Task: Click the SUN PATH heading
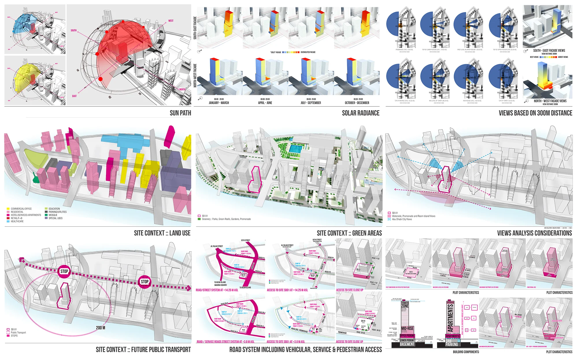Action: pos(180,113)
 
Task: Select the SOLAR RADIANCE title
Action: pos(361,113)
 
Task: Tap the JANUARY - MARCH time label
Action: pos(219,103)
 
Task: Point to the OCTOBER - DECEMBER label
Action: pos(357,103)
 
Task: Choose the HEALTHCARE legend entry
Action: pos(17,221)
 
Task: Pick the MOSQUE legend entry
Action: pos(53,215)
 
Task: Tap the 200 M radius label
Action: pos(101,328)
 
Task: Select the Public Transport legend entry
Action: pos(18,333)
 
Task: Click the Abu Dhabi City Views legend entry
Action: pos(402,219)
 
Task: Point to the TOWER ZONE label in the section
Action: pos(405,304)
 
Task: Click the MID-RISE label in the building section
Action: pos(407,328)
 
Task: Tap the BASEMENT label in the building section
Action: pos(407,344)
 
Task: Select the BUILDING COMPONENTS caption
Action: pos(466,352)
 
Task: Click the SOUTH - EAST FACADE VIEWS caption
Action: pos(549,51)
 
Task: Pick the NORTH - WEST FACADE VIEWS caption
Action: pos(550,101)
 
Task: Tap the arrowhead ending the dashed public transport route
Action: pos(189,288)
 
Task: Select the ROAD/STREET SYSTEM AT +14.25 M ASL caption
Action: pos(217,290)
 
